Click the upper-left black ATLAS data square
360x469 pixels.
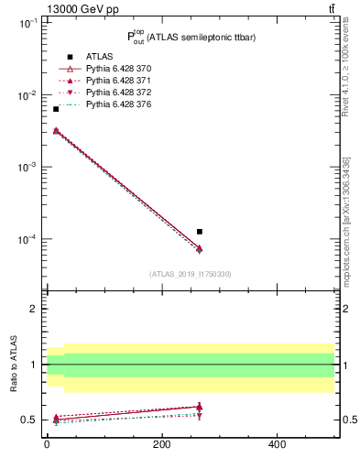(56, 109)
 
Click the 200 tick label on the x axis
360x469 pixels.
(161, 444)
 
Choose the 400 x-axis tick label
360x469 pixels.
(277, 444)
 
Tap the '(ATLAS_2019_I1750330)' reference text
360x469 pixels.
(191, 274)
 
